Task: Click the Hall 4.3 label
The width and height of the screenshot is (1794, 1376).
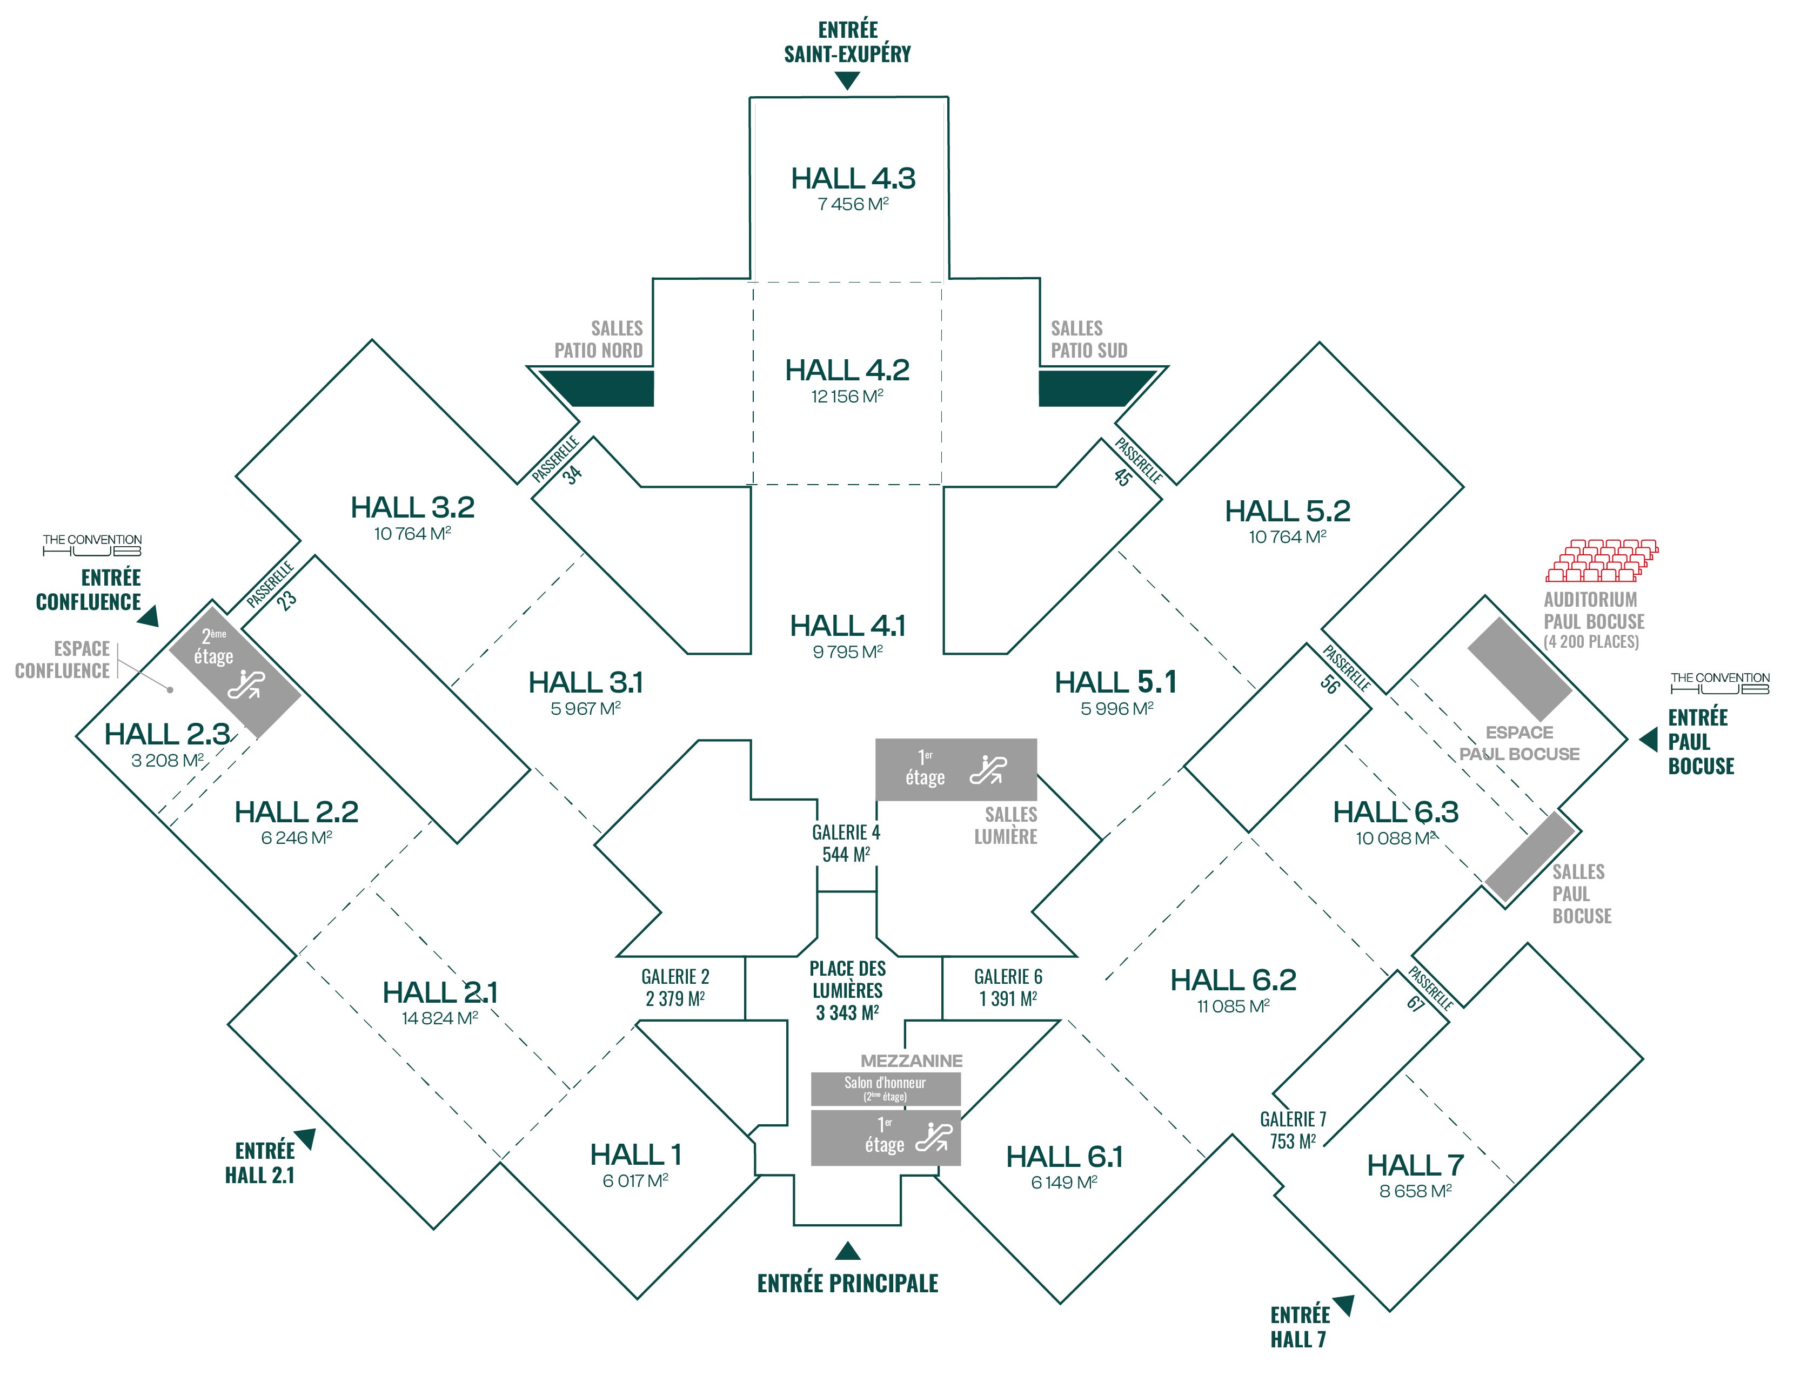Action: coord(853,179)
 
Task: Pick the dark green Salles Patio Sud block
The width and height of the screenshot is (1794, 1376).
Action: coord(1094,387)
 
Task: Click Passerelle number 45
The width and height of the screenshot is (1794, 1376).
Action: coord(1122,476)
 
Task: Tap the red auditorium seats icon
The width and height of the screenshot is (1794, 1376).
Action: coord(1602,560)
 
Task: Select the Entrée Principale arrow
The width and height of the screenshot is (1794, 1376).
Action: coord(847,1251)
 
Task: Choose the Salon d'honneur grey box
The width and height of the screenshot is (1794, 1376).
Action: coord(886,1089)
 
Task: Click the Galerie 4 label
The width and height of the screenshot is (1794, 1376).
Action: coord(846,832)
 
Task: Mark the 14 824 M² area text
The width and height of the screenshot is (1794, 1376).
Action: coord(440,1018)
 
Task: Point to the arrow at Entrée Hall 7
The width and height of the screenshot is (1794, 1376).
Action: coord(1344,1305)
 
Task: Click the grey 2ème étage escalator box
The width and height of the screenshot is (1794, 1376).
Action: coord(235,672)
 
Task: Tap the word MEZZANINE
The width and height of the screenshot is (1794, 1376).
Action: coord(911,1060)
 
